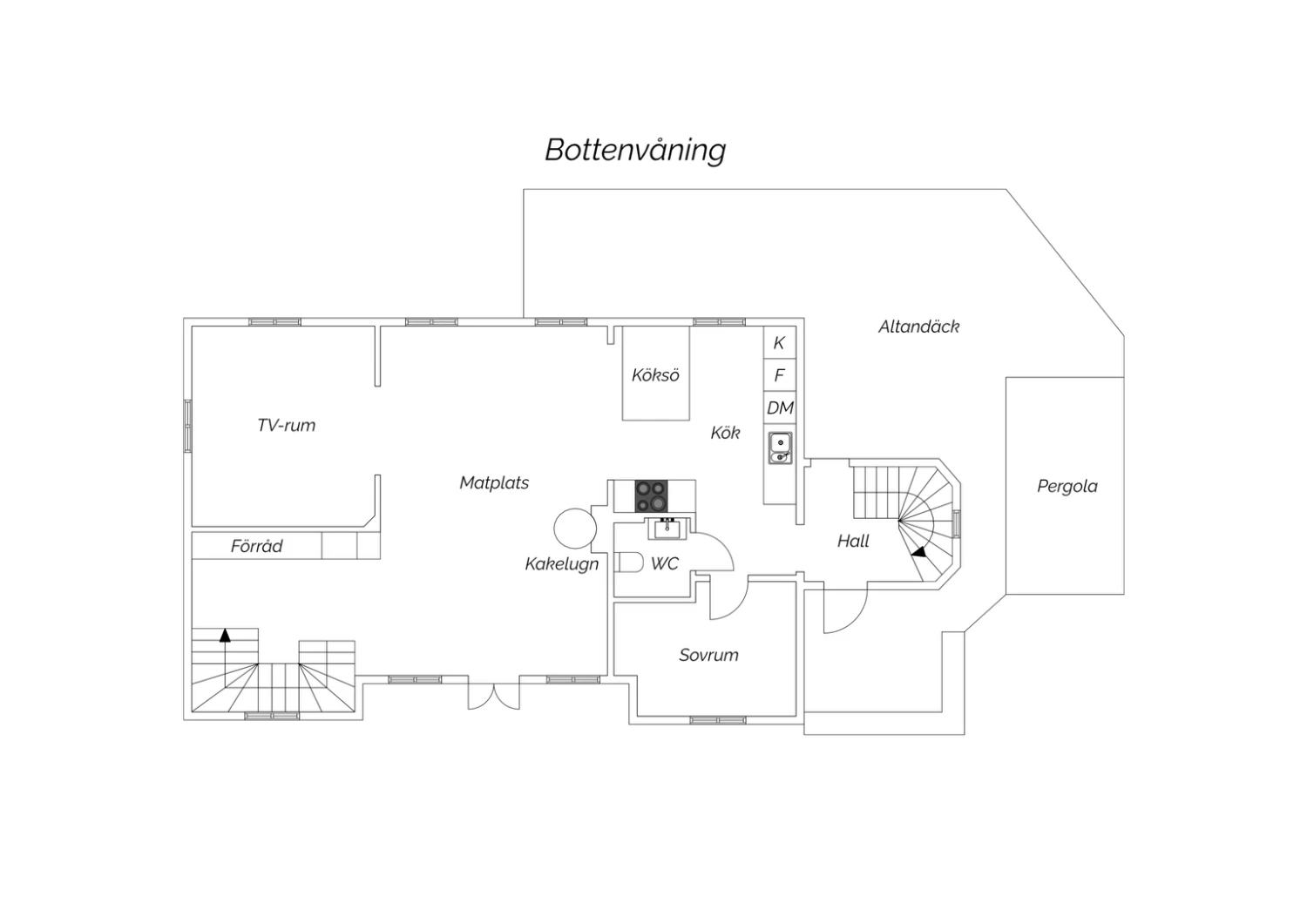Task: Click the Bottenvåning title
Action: coord(635,151)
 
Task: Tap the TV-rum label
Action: coord(287,425)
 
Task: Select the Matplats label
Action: coord(494,482)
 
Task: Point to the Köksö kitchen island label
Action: coord(656,375)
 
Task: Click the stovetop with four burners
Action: coord(651,495)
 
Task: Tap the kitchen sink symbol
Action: coord(780,448)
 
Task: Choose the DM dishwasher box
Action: coord(780,408)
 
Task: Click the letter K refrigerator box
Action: coord(780,343)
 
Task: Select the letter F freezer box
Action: coord(780,375)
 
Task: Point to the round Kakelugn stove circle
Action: coord(575,529)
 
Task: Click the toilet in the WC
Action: coord(629,563)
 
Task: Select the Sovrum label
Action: coord(709,655)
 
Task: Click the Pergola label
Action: coord(1067,486)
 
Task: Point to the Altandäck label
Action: coord(919,327)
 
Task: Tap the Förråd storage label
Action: coord(257,546)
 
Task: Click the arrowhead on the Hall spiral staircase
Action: coord(919,551)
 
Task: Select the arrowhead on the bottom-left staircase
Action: coord(225,635)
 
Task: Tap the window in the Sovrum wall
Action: coord(718,721)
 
